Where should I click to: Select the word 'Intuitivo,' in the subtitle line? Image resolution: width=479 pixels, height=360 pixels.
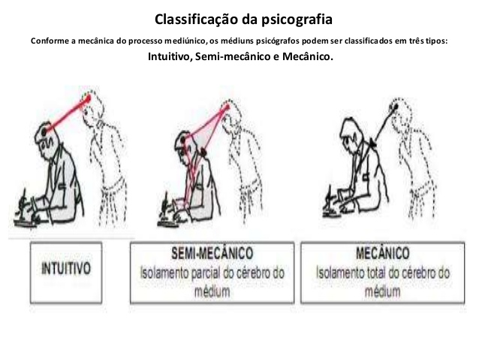(172, 56)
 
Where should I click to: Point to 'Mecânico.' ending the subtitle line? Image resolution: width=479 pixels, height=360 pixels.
(307, 56)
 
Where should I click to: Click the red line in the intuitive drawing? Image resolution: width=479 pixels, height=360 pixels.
(68, 113)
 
